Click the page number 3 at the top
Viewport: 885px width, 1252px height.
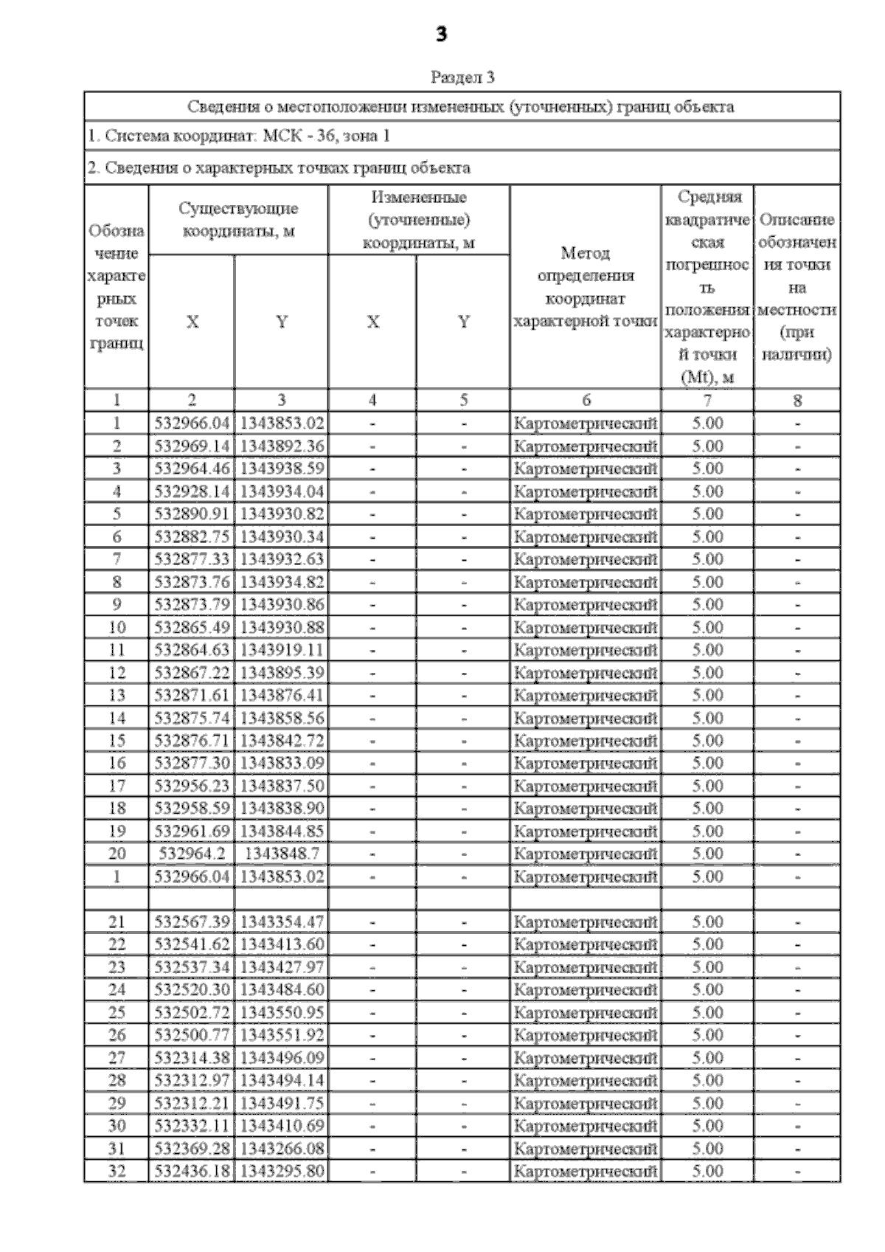[x=441, y=34]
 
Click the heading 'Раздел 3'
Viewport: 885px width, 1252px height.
[x=462, y=77]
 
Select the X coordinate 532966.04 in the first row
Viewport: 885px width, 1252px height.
[x=192, y=423]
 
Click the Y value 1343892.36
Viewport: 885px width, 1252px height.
[x=282, y=446]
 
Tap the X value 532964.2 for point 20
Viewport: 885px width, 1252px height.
[x=192, y=854]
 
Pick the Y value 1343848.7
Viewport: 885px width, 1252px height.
[x=282, y=854]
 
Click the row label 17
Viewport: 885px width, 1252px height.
[x=117, y=786]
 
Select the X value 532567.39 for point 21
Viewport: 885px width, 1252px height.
[x=192, y=921]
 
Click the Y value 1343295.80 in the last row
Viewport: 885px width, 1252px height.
[x=282, y=1171]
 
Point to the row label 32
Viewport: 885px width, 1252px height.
[x=117, y=1171]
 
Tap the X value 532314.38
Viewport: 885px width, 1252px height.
[x=192, y=1058]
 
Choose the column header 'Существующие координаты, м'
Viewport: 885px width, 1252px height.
[x=238, y=220]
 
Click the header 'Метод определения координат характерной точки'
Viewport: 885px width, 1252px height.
[x=585, y=287]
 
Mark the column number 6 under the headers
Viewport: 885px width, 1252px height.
[x=586, y=400]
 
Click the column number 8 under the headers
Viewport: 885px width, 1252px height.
[x=796, y=400]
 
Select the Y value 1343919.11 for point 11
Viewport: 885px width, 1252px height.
[x=282, y=650]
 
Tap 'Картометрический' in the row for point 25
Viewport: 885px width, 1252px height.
[x=585, y=1012]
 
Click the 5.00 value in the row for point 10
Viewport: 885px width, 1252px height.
[x=707, y=627]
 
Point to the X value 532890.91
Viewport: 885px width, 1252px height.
[x=192, y=513]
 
